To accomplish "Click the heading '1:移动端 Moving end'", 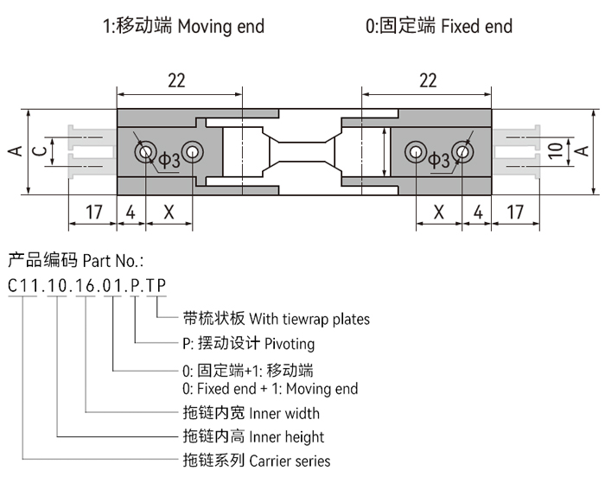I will point(183,26).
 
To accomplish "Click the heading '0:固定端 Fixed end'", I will point(438,26).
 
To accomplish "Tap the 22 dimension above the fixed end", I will point(427,80).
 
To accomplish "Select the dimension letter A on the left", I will point(14,151).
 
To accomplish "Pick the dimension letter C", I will point(38,151).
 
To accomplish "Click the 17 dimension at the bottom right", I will point(515,212).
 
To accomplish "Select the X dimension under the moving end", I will point(169,212).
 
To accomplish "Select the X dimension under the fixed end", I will point(438,212).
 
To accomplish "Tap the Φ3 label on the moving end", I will point(169,160).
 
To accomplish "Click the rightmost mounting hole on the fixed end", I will point(463,153).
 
